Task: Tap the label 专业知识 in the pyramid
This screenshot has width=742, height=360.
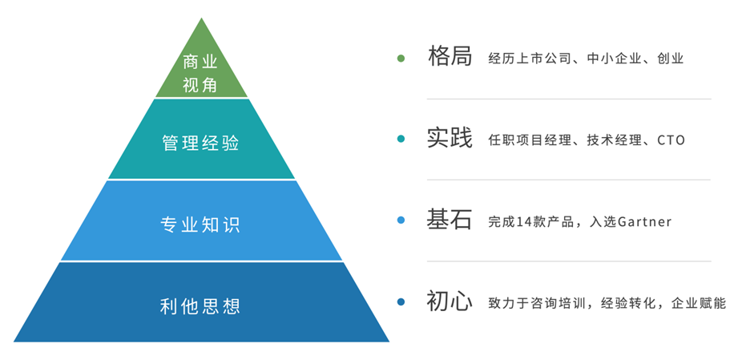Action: point(200,224)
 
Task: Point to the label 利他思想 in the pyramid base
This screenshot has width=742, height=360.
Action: point(200,306)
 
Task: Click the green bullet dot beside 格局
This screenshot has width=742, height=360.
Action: point(401,59)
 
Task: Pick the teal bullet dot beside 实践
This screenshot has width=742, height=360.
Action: point(401,140)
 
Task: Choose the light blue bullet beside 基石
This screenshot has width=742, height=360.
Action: point(401,220)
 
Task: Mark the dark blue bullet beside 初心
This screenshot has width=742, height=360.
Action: point(401,301)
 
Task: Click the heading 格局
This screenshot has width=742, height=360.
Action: point(450,57)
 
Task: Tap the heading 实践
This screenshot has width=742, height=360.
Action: point(450,138)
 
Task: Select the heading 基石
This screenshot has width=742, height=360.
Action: point(450,220)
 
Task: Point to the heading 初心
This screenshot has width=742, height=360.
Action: point(450,301)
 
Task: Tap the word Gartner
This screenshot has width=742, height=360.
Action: point(644,221)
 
